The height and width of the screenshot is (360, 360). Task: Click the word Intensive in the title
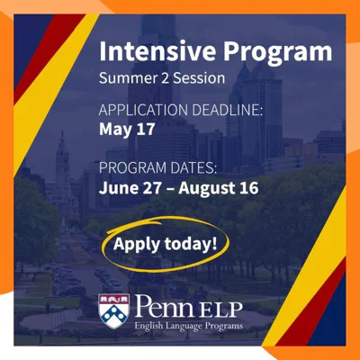tap(157, 50)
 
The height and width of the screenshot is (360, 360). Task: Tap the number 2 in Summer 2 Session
tap(162, 78)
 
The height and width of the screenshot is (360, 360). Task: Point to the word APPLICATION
tap(144, 110)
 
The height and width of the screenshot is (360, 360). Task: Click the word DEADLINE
tap(227, 110)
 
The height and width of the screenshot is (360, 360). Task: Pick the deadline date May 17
tap(127, 130)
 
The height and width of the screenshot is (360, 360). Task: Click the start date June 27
tap(129, 188)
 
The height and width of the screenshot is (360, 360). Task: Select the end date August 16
tap(219, 189)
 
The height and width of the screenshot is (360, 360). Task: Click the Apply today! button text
tap(165, 244)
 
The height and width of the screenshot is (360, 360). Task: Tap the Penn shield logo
tap(113, 311)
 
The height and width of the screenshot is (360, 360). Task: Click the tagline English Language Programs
tap(189, 326)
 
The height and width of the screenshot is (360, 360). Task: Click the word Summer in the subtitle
tap(126, 78)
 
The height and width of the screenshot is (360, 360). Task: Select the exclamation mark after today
tap(214, 244)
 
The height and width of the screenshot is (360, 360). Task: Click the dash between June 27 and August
tap(168, 189)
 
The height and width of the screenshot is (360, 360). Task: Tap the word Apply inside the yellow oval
tap(137, 245)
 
